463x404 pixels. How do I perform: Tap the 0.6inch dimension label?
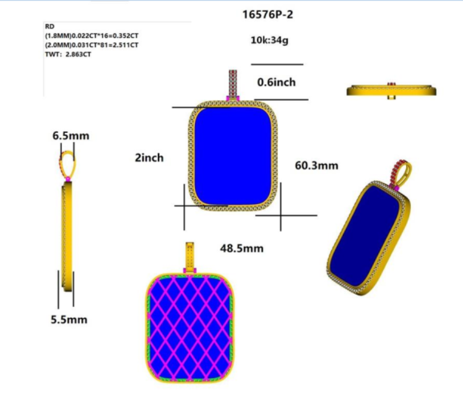(x=276, y=82)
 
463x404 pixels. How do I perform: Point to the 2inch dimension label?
(x=149, y=158)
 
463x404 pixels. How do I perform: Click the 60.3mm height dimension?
(x=316, y=166)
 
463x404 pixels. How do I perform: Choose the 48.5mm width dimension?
(x=242, y=248)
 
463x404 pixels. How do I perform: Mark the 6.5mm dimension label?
(x=71, y=135)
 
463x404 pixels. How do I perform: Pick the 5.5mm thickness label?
(x=69, y=319)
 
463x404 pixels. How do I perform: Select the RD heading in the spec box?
(x=50, y=27)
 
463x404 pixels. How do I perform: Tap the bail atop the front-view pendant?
(x=233, y=84)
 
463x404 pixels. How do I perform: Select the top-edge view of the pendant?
(x=391, y=91)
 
